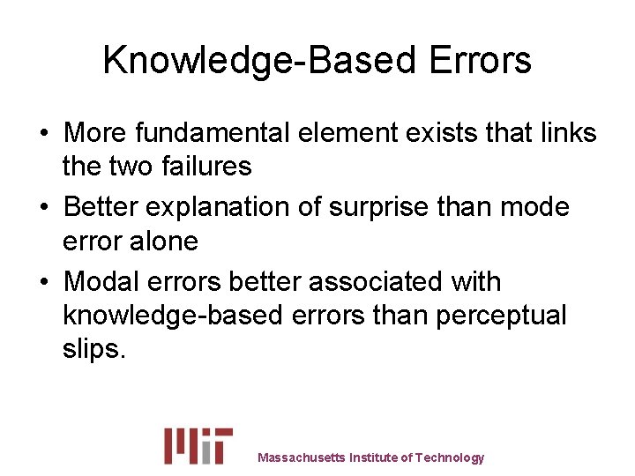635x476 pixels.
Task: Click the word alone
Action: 159,240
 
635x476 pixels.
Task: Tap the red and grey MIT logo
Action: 198,446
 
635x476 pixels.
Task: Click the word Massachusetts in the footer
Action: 301,457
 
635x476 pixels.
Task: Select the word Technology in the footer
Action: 450,457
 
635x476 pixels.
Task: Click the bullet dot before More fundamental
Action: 43,134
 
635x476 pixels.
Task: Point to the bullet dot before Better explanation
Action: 43,209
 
